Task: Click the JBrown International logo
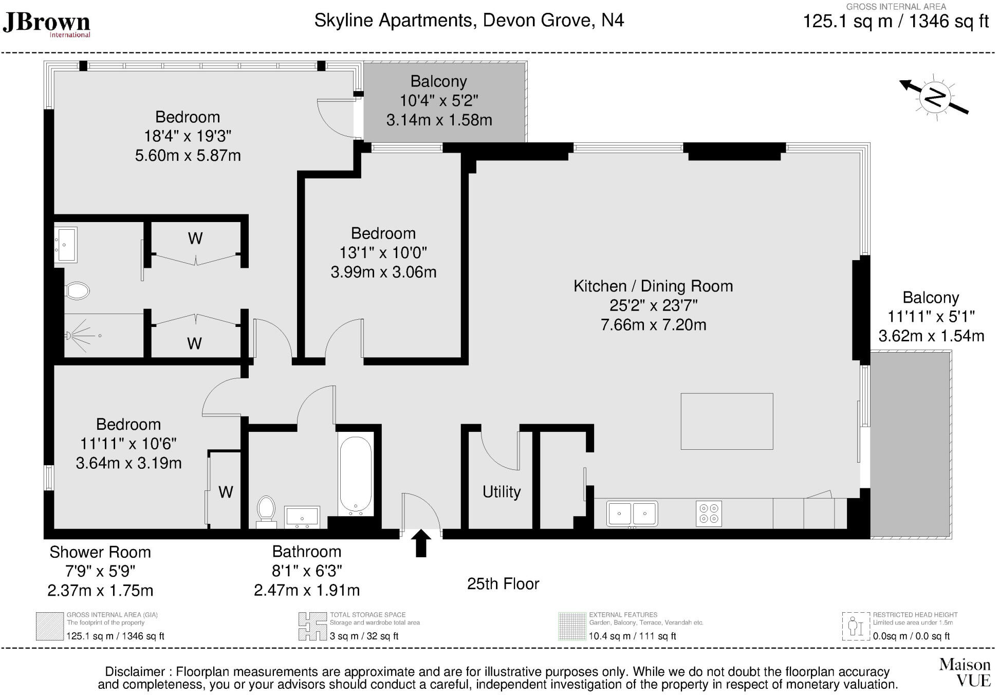pyautogui.click(x=47, y=24)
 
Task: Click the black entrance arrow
pyautogui.click(x=421, y=543)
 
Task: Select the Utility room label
pyautogui.click(x=502, y=492)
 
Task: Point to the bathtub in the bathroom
pyautogui.click(x=356, y=475)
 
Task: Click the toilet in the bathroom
pyautogui.click(x=266, y=509)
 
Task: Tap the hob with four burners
pyautogui.click(x=709, y=513)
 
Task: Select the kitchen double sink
pyautogui.click(x=632, y=513)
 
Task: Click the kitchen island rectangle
pyautogui.click(x=727, y=421)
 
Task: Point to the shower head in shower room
pyautogui.click(x=69, y=336)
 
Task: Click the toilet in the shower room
pyautogui.click(x=77, y=291)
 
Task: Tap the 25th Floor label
pyautogui.click(x=503, y=584)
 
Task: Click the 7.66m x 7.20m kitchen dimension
pyautogui.click(x=653, y=325)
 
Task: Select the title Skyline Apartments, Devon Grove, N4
pyautogui.click(x=469, y=21)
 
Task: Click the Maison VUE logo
pyautogui.click(x=965, y=672)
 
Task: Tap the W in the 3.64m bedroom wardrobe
pyautogui.click(x=226, y=492)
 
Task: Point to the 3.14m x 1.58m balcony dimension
pyautogui.click(x=439, y=120)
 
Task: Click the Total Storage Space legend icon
pyautogui.click(x=312, y=626)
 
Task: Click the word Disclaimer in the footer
pyautogui.click(x=135, y=672)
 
